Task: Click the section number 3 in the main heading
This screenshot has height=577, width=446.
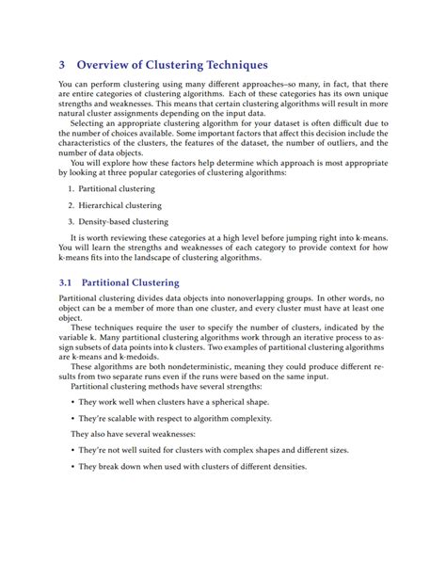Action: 62,65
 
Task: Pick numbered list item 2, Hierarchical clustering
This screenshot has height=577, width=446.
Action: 122,204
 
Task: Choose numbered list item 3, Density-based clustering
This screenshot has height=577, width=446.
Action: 123,221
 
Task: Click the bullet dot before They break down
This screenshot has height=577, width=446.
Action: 72,467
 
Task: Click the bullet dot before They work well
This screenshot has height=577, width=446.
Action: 72,401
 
